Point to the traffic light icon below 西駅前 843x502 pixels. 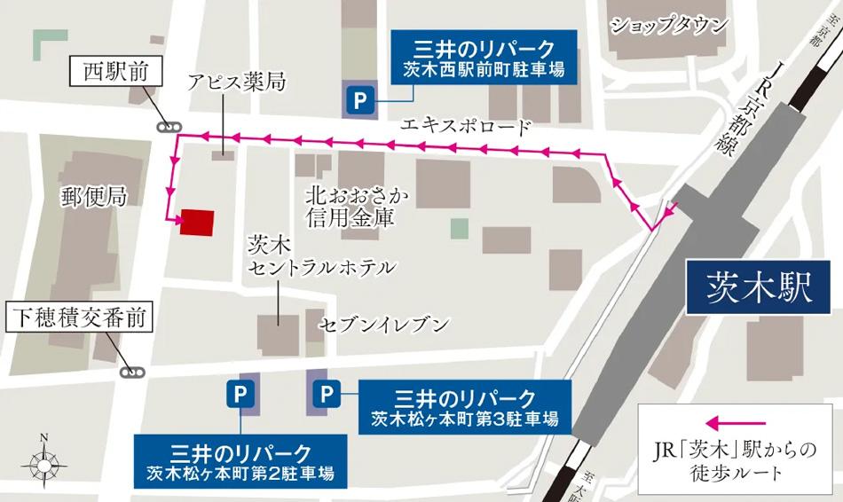[168, 127]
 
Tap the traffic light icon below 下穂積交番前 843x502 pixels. [133, 373]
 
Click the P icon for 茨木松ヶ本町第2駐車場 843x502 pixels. [239, 391]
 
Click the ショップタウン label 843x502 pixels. [668, 26]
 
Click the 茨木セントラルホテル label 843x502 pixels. [319, 255]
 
